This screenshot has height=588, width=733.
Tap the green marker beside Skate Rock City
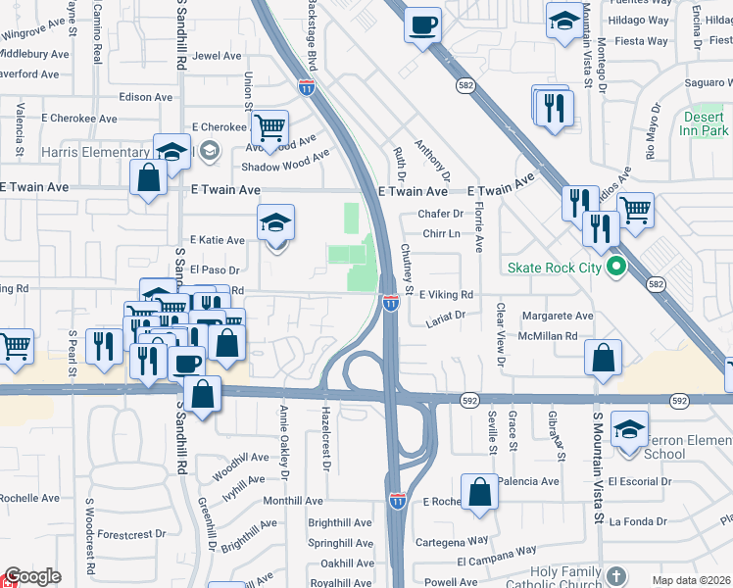(x=615, y=266)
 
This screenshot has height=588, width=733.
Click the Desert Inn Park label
(x=705, y=122)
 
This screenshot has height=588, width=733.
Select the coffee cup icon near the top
(x=423, y=24)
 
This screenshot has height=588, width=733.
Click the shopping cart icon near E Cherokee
(x=270, y=126)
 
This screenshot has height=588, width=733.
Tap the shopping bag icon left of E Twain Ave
(x=149, y=178)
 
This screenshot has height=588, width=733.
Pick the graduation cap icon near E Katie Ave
(x=276, y=222)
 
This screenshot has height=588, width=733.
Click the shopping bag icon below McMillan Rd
(x=604, y=359)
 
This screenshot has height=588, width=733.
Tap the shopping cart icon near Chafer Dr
(x=636, y=209)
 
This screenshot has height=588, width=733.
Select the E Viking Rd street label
(x=446, y=294)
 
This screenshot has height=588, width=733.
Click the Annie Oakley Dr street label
(x=285, y=436)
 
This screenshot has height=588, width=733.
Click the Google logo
(x=32, y=576)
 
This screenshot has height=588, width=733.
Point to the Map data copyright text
(x=692, y=580)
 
